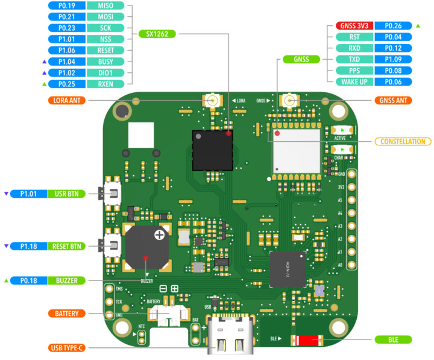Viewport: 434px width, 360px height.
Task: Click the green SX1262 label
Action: pyautogui.click(x=157, y=34)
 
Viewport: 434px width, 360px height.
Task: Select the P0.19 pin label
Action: pyautogui.click(x=67, y=5)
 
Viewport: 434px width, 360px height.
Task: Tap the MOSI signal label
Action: pyautogui.click(x=106, y=17)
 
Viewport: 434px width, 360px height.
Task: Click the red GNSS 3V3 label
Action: pyautogui.click(x=354, y=26)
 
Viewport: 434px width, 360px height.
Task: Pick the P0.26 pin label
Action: pyautogui.click(x=392, y=26)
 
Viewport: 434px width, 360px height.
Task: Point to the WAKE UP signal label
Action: pyautogui.click(x=354, y=81)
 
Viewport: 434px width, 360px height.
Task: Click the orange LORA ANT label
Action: pyautogui.click(x=68, y=99)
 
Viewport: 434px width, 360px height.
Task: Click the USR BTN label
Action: pyautogui.click(x=68, y=194)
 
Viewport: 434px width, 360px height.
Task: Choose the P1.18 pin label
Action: pyautogui.click(x=29, y=246)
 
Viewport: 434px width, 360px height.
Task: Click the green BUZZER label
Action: pyautogui.click(x=68, y=280)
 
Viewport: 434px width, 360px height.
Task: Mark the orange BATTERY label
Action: pyautogui.click(x=68, y=314)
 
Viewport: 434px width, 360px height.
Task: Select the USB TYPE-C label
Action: pyautogui.click(x=68, y=348)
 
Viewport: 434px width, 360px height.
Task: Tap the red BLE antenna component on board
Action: pyautogui.click(x=305, y=341)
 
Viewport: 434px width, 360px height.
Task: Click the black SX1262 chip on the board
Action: pyautogui.click(x=212, y=150)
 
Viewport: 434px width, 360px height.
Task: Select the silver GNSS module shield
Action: pyautogui.click(x=295, y=150)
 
